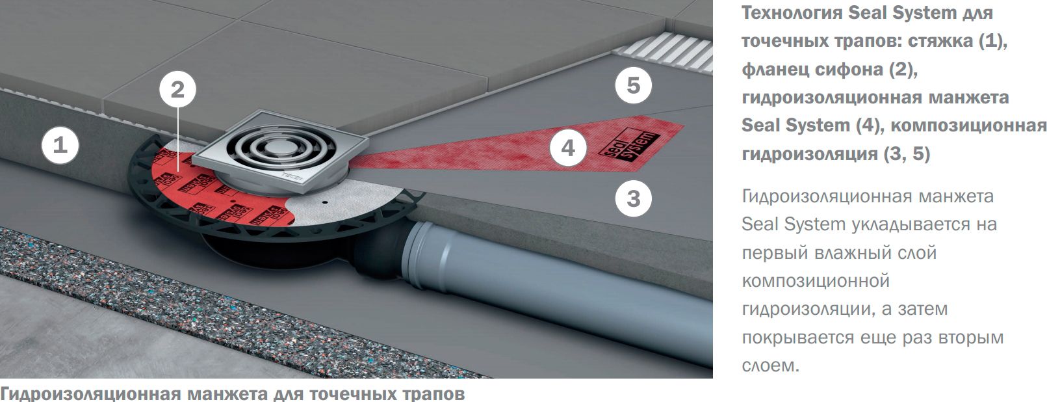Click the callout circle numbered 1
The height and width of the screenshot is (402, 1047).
tap(60, 144)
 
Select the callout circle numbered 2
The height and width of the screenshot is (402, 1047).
tap(177, 90)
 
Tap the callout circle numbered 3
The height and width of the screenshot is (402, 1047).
tap(634, 198)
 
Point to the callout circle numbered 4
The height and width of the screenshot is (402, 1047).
tap(568, 148)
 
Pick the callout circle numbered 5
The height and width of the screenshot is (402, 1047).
tap(634, 86)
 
